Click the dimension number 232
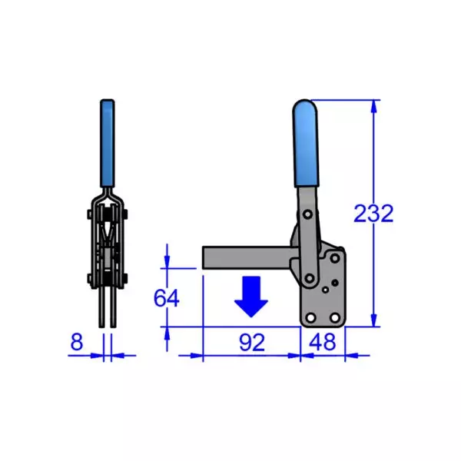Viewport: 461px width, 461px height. tap(373, 213)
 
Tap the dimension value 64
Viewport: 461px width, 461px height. tap(167, 297)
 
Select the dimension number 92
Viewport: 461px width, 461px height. tap(250, 343)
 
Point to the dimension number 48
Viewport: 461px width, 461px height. tap(322, 343)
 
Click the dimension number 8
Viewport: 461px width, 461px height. tap(76, 343)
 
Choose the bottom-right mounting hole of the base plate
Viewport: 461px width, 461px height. tap(335, 318)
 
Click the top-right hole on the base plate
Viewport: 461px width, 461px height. tap(335, 259)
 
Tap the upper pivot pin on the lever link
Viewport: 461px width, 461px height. tap(307, 211)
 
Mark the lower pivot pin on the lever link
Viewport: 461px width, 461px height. tap(309, 277)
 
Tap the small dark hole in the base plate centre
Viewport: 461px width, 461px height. tap(326, 290)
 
